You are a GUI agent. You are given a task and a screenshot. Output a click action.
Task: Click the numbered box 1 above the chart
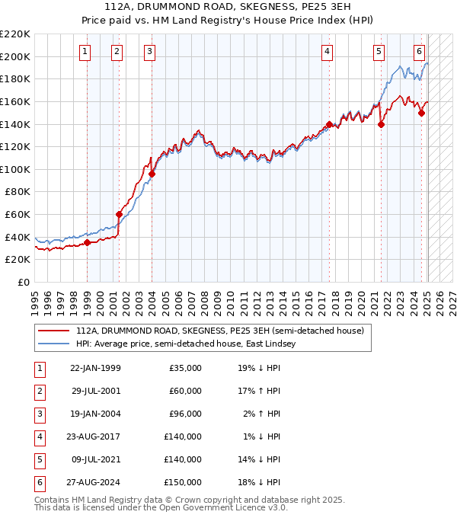pyautogui.click(x=84, y=52)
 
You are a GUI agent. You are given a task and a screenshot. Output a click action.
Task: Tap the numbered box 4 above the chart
pyautogui.click(x=327, y=52)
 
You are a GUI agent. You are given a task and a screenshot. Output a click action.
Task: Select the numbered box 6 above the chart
pyautogui.click(x=419, y=52)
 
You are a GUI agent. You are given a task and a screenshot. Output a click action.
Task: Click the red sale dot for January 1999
pyautogui.click(x=87, y=242)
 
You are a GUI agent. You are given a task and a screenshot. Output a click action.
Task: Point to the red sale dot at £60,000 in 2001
pyautogui.click(x=120, y=214)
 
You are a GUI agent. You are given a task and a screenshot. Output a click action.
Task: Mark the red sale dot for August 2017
pyautogui.click(x=329, y=124)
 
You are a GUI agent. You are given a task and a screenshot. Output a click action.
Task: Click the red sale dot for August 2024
pyautogui.click(x=421, y=113)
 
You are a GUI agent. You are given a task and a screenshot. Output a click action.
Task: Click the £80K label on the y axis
pyautogui.click(x=18, y=192)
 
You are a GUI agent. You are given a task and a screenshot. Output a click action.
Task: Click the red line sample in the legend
pyautogui.click(x=54, y=331)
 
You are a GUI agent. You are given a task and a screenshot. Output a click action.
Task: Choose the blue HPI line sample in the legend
pyautogui.click(x=54, y=344)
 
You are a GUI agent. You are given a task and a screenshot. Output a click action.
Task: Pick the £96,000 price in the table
pyautogui.click(x=185, y=414)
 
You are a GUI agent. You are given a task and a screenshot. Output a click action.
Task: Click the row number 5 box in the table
pyautogui.click(x=38, y=459)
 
